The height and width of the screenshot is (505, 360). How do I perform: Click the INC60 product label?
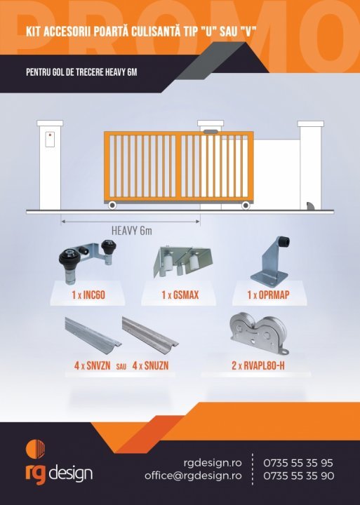click(88, 295)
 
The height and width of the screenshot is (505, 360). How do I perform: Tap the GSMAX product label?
click(180, 295)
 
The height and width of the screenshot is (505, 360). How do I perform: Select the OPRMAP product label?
click(268, 295)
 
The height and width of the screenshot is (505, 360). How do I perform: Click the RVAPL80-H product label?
click(258, 365)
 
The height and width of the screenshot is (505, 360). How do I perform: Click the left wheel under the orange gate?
click(112, 205)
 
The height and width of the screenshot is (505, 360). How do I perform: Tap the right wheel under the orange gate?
click(246, 205)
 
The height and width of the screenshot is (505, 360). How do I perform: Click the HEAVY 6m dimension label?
click(131, 231)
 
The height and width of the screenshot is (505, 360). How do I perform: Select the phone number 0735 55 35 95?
click(298, 463)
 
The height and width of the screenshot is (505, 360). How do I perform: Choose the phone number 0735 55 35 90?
click(299, 476)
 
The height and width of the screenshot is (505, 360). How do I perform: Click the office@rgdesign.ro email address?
click(193, 476)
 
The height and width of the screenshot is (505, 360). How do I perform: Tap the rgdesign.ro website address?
click(213, 463)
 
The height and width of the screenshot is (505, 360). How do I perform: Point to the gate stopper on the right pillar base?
click(310, 206)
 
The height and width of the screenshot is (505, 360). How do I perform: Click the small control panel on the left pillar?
click(50, 139)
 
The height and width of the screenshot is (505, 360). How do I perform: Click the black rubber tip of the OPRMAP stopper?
click(283, 241)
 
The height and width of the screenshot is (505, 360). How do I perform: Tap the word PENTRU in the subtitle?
click(36, 72)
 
